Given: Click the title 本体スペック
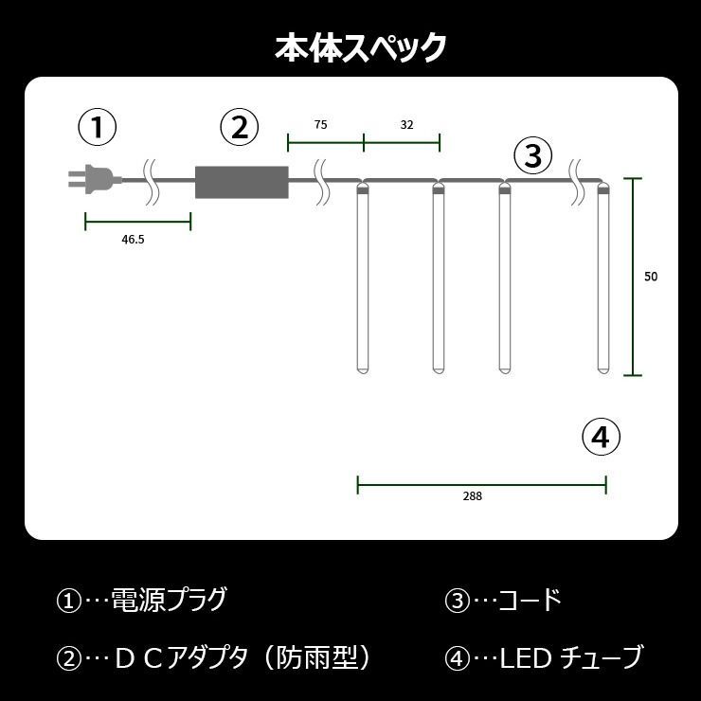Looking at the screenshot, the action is point(360,47).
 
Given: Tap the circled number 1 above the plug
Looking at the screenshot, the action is point(98,127).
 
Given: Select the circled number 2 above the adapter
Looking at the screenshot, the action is point(239,127).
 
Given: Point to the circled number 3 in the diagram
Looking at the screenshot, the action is point(533,155).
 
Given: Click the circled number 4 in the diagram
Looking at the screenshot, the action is point(602,437).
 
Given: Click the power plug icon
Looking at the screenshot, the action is point(95,180).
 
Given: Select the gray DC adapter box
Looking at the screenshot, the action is point(242,182).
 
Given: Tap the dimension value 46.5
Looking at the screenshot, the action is point(133,240).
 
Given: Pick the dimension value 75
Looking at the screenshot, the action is point(320,125).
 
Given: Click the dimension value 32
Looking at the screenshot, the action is point(406,125).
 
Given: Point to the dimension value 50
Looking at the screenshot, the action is point(651,277).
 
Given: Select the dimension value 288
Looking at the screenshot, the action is point(473,496).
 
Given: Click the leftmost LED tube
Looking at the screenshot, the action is point(363,279).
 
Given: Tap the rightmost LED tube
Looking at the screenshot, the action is point(604,279).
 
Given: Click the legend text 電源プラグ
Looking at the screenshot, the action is point(169,600).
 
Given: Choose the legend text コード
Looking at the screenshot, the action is point(530,600).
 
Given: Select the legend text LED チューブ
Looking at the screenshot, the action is point(570,657).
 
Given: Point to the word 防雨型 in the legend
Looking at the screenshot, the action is point(317,657).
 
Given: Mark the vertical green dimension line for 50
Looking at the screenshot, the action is point(633,277).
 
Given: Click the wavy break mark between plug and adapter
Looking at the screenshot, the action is point(151,181).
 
